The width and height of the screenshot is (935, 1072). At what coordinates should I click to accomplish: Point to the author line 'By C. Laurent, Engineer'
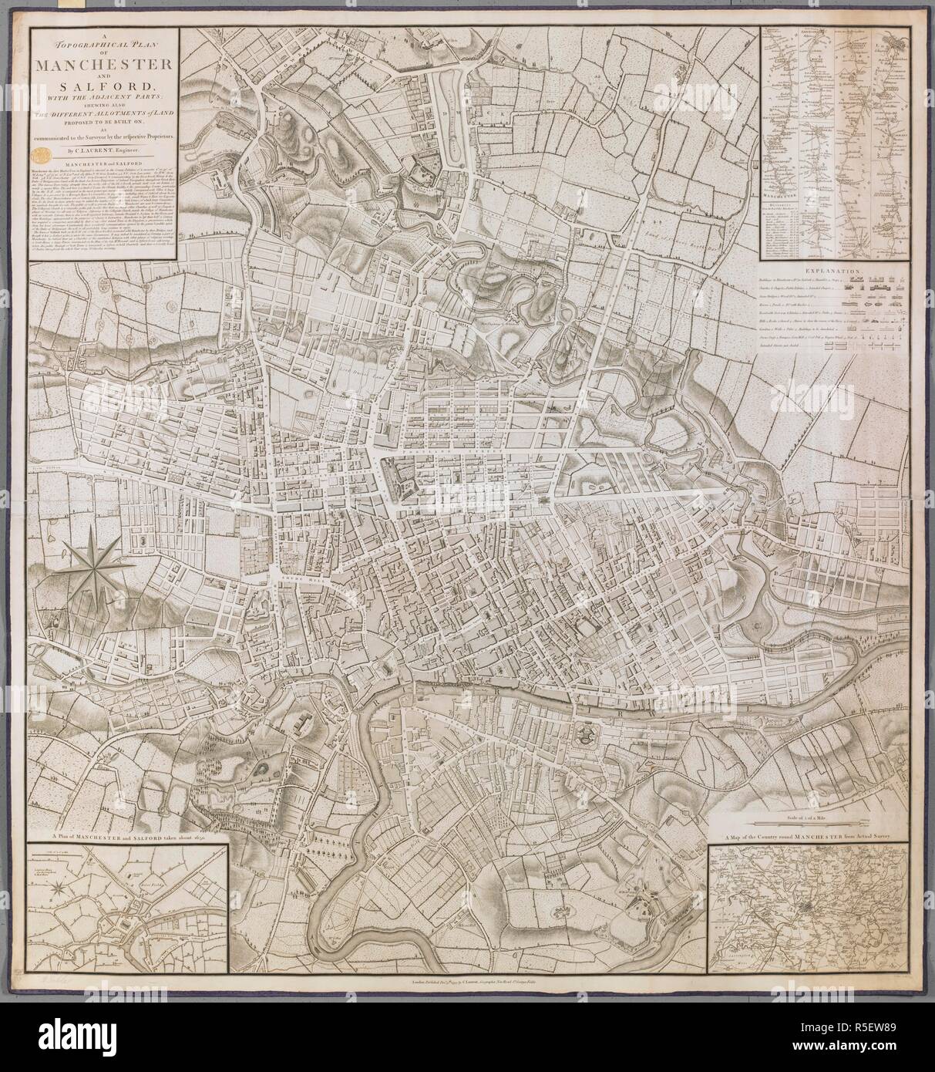pyautogui.click(x=103, y=151)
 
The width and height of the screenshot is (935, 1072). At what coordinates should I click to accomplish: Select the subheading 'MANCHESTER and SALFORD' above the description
pyautogui.click(x=103, y=165)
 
